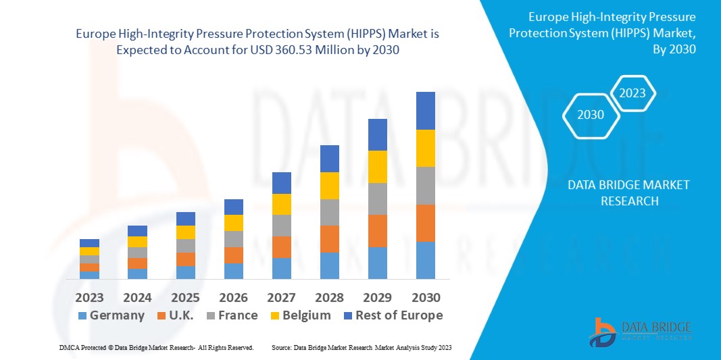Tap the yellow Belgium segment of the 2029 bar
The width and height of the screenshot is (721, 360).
[377, 167]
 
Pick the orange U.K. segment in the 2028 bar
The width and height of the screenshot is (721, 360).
[329, 239]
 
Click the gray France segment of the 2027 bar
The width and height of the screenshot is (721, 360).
[281, 226]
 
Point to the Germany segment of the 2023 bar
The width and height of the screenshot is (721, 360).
[89, 275]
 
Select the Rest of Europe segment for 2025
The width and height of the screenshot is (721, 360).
[185, 219]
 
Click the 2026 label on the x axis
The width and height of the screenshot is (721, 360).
[233, 298]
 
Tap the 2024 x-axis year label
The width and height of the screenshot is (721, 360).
[137, 298]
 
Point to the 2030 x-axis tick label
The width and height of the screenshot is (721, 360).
[425, 298]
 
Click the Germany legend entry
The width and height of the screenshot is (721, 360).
[111, 315]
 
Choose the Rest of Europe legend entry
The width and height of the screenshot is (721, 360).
[392, 315]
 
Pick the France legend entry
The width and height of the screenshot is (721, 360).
[230, 315]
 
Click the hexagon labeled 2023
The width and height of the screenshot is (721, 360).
[632, 93]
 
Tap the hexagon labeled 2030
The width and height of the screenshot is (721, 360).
[591, 115]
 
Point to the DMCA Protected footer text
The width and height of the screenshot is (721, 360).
[155, 347]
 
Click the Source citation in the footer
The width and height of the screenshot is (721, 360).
[361, 347]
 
